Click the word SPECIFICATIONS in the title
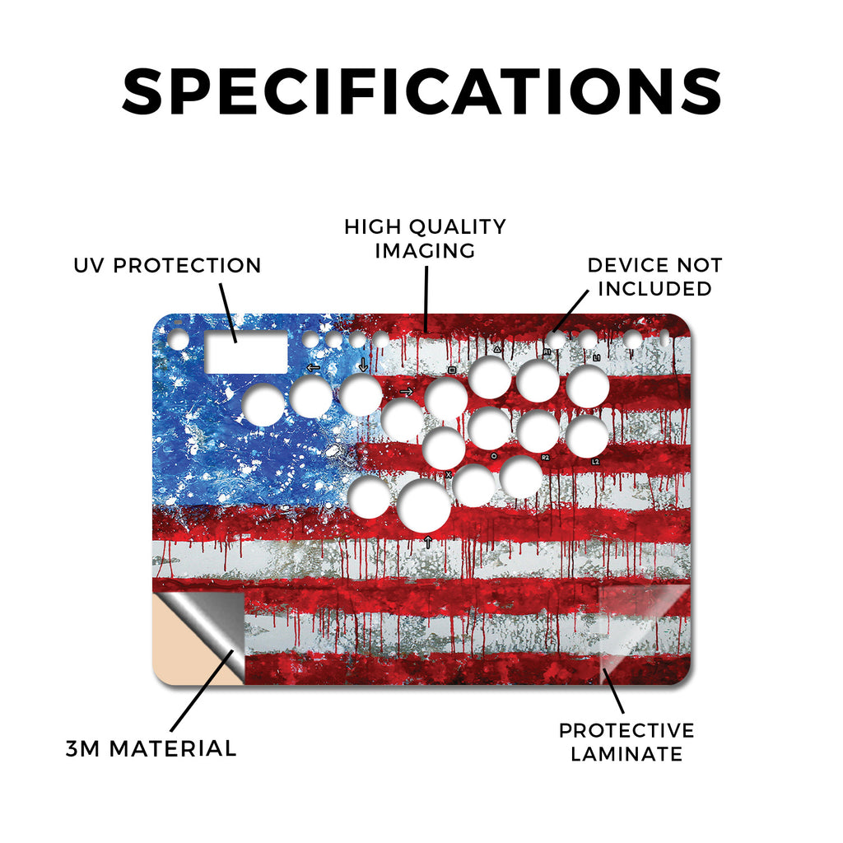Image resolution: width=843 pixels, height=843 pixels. coord(422,91)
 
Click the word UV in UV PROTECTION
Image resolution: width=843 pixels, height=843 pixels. coord(90,266)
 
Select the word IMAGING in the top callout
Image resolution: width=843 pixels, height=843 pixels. coord(425,250)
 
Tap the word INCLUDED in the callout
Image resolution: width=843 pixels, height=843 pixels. coord(654,289)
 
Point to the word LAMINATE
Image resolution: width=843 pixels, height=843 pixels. coord(626,754)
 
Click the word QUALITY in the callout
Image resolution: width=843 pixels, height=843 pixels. coord(458,227)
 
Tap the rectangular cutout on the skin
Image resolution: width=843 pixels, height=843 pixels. coord(246,352)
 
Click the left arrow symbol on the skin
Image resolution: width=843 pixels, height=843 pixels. coord(313,368)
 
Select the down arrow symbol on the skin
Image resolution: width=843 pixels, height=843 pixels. coord(363,365)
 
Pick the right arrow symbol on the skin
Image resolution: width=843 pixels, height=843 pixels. coord(407,392)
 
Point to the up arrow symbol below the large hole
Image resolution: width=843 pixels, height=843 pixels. coord(428,542)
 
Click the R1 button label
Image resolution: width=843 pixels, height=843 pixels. coord(547,352)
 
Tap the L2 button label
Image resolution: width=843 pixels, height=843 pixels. coord(595,462)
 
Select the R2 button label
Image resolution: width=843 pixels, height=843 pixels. coord(546,458)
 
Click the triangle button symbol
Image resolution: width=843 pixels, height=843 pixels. coord(497,349)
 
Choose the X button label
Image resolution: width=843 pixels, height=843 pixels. coord(449,475)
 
